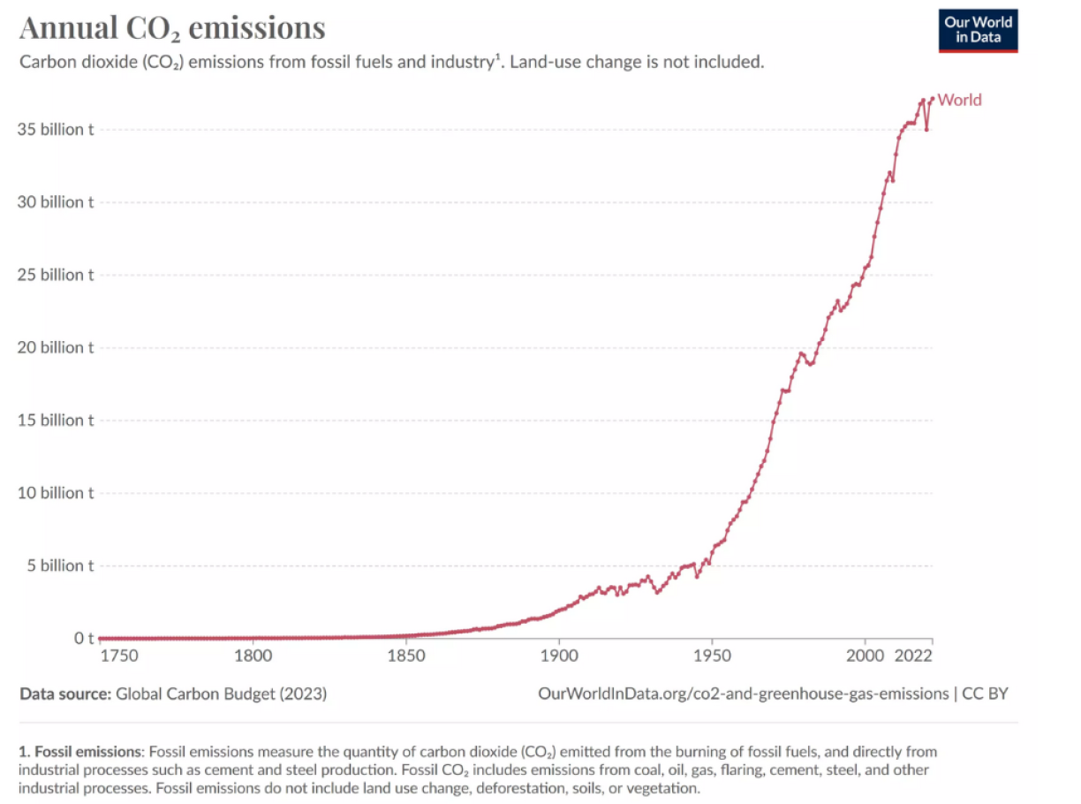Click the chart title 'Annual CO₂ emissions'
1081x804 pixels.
coord(172,28)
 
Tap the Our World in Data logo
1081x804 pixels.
coord(978,30)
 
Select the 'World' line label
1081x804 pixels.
coord(959,100)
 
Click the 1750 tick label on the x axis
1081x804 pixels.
coord(119,656)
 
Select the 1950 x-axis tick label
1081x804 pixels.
coord(712,656)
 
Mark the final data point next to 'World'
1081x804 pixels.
coord(932,98)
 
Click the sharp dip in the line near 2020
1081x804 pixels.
coord(926,130)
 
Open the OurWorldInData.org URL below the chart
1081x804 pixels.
coord(743,694)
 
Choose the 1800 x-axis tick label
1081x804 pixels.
coord(253,656)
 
